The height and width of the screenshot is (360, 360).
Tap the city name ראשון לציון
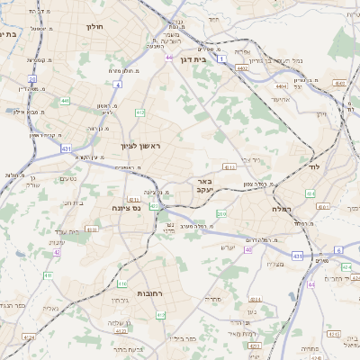click(x=142, y=145)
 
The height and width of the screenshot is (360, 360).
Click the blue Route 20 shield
click(x=32, y=79)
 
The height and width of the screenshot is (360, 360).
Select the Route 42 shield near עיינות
click(x=57, y=252)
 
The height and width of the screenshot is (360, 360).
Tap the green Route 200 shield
click(x=221, y=213)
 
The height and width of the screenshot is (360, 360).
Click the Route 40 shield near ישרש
click(x=248, y=249)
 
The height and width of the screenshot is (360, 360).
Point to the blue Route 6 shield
click(x=339, y=249)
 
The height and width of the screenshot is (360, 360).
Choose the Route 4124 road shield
click(x=30, y=338)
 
